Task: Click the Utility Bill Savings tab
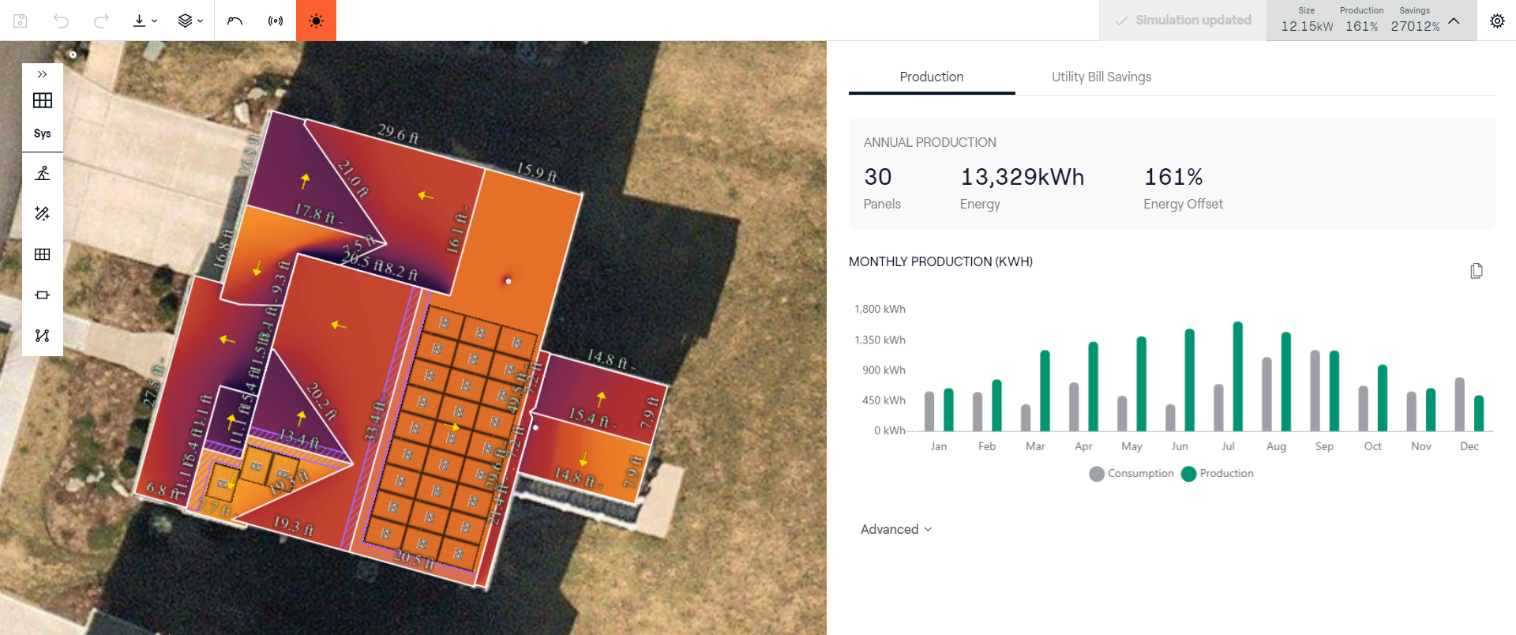click(x=1101, y=77)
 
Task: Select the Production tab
click(x=931, y=77)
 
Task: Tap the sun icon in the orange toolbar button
click(x=316, y=21)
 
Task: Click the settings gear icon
click(x=1496, y=21)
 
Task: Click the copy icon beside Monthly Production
click(x=1476, y=271)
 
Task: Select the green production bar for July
click(x=1237, y=376)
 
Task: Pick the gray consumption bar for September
click(x=1315, y=391)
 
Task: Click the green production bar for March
click(x=1045, y=390)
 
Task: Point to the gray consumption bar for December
click(x=1459, y=404)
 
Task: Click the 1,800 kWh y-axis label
click(x=880, y=309)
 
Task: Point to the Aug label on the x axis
click(x=1276, y=446)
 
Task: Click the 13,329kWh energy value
click(x=1022, y=177)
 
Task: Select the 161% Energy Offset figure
click(x=1173, y=177)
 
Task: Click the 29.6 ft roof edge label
click(x=398, y=133)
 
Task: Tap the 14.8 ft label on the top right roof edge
click(x=607, y=359)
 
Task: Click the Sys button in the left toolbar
click(x=43, y=133)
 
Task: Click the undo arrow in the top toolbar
click(x=61, y=21)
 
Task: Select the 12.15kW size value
click(x=1307, y=26)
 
